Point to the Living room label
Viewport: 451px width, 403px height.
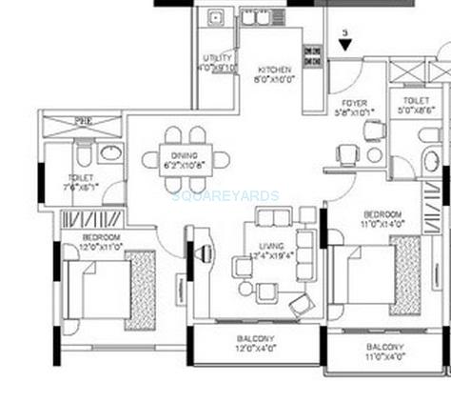coord(271,251)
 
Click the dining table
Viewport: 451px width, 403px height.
coord(185,157)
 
